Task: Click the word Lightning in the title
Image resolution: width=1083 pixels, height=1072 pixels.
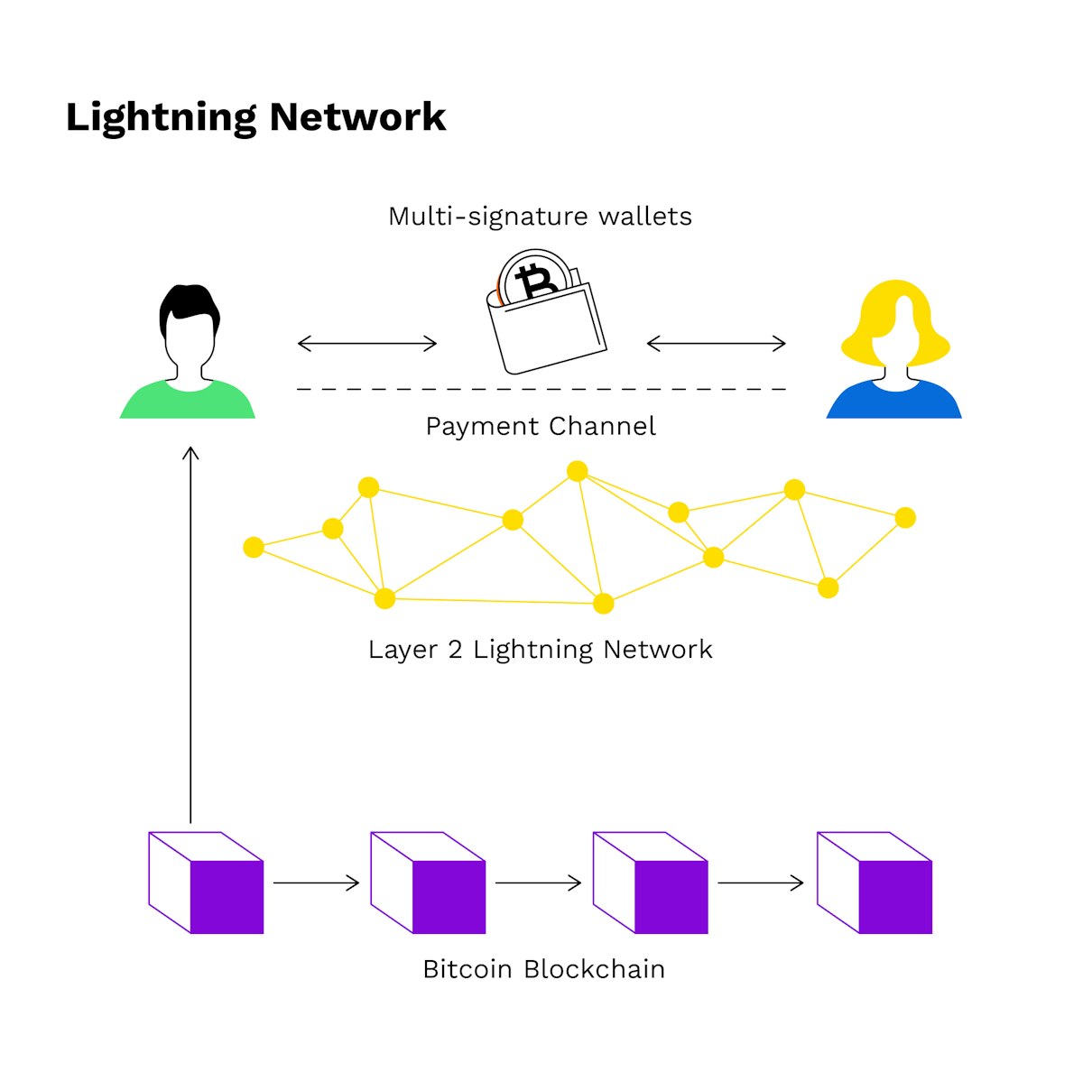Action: (x=161, y=118)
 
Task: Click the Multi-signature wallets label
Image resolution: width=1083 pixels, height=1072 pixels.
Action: (x=540, y=217)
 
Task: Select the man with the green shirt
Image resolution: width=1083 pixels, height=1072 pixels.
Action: (x=188, y=361)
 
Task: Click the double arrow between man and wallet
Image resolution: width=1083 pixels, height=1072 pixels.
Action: (x=367, y=343)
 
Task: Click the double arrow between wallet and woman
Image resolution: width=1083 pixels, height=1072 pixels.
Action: (x=717, y=343)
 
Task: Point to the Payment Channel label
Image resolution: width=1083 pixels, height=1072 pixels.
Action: (x=540, y=426)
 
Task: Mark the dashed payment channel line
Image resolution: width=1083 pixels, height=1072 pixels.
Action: (x=541, y=389)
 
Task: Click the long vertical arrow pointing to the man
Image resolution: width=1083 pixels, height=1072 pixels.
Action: (x=190, y=632)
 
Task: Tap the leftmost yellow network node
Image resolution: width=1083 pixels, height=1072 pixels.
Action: (x=254, y=547)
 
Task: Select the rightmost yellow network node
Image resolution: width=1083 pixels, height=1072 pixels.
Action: (x=905, y=517)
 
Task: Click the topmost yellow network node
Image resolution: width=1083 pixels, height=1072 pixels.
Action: (x=578, y=471)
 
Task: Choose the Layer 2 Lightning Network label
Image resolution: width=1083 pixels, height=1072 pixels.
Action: (x=540, y=650)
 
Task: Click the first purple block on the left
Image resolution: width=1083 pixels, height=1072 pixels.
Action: (x=206, y=883)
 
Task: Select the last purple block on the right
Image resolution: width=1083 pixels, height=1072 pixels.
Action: (x=874, y=883)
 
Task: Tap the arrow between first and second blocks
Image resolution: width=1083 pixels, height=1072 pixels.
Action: (x=316, y=883)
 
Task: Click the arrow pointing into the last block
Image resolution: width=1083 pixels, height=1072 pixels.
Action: (x=760, y=883)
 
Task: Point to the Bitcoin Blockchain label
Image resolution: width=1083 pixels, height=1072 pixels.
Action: (x=543, y=969)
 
